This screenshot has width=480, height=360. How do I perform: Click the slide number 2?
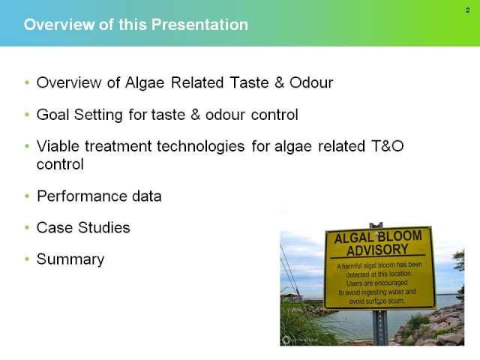click(x=467, y=10)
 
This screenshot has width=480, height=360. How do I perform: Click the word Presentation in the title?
click(x=199, y=25)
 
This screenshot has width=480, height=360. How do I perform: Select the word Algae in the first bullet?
click(x=145, y=83)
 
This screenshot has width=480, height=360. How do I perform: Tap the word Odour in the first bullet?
click(x=311, y=82)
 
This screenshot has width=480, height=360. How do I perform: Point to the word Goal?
click(x=52, y=115)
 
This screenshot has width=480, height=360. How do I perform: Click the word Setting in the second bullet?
click(x=98, y=115)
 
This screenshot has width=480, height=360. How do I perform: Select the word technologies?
click(x=200, y=147)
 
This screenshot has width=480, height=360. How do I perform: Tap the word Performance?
click(x=82, y=196)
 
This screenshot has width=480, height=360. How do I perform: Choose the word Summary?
click(x=70, y=260)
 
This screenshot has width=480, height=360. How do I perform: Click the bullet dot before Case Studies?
click(x=27, y=227)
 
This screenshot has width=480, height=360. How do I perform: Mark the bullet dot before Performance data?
click(x=27, y=196)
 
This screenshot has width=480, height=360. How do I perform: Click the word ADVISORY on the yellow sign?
click(x=377, y=250)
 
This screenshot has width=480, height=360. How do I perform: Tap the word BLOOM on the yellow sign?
click(x=400, y=236)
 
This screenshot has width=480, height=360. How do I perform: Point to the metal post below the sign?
click(x=380, y=327)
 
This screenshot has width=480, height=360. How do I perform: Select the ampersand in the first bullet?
click(x=279, y=82)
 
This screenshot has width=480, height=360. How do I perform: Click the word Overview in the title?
click(x=59, y=25)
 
